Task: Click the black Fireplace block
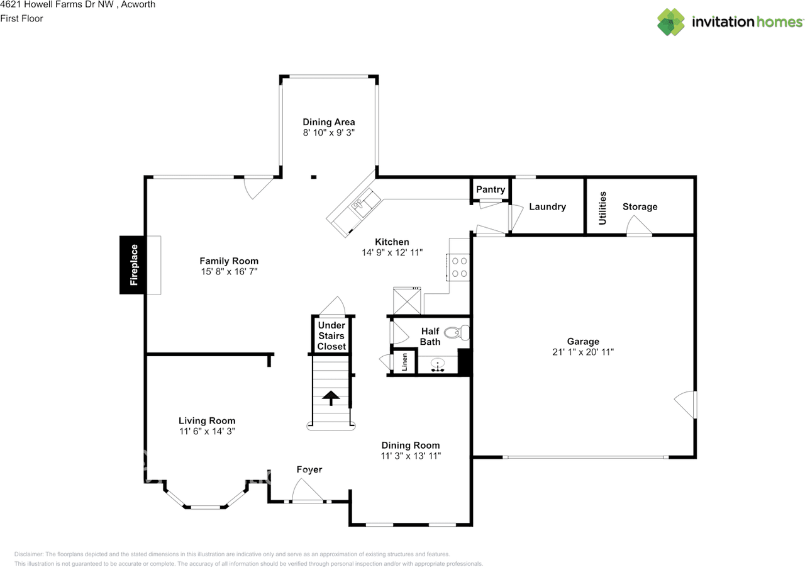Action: click(x=133, y=265)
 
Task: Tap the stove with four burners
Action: click(x=458, y=266)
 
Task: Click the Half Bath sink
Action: click(x=438, y=364)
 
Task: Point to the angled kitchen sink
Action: click(x=364, y=204)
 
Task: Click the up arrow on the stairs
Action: click(x=330, y=396)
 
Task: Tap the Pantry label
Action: click(x=491, y=189)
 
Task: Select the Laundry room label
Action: click(x=547, y=206)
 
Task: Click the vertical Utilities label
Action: click(x=602, y=208)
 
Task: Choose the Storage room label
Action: click(x=640, y=206)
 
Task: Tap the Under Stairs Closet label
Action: click(x=331, y=336)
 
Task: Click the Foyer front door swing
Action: click(x=307, y=491)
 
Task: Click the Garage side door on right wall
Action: click(x=686, y=404)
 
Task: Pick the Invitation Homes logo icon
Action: click(x=672, y=22)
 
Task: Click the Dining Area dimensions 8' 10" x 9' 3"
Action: click(x=329, y=133)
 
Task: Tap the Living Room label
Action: click(x=207, y=420)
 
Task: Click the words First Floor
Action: click(x=22, y=18)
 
